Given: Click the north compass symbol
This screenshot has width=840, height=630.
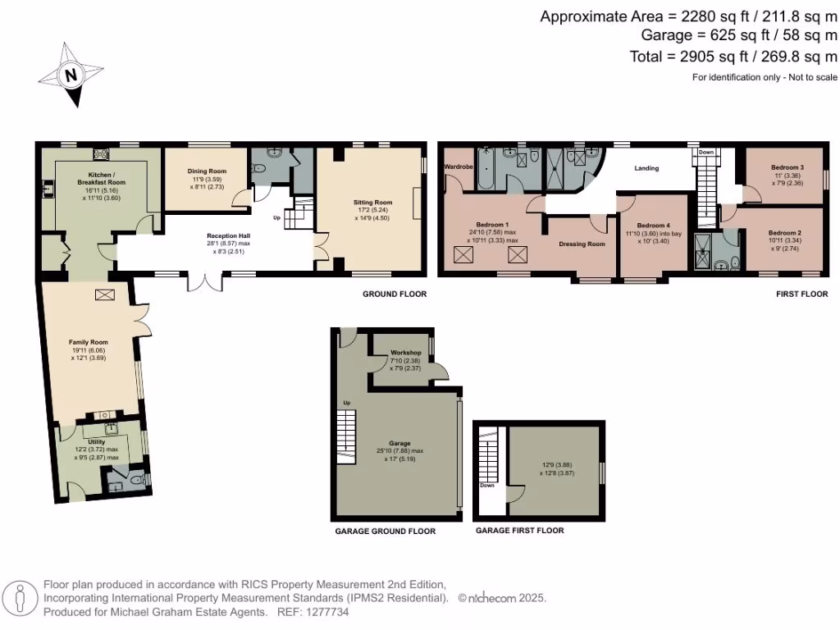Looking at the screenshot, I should point(72,75).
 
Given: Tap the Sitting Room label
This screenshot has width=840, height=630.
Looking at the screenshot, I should point(373,202).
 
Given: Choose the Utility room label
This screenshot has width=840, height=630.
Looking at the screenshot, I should point(97,441).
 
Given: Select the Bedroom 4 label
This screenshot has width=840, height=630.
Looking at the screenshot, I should point(654,226).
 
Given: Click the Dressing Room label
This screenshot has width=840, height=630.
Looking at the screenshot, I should point(582,244).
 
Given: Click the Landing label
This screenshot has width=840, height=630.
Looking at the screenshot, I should point(648,169).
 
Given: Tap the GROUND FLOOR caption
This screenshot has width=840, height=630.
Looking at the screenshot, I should point(394,294).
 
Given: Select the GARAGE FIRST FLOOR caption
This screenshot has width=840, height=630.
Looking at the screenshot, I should point(519,531).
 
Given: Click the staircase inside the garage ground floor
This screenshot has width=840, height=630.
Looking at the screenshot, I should point(347,434).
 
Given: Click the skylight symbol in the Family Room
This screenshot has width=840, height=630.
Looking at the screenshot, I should point(106,294).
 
